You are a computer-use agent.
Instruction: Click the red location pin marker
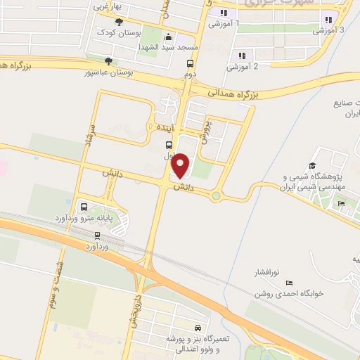[181, 165]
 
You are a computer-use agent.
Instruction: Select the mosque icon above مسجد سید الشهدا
[167, 37]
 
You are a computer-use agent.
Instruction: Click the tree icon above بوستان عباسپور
[108, 60]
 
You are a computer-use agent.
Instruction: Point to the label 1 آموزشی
[224, 23]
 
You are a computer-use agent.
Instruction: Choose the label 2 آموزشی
[242, 67]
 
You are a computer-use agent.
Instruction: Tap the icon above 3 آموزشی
[327, 20]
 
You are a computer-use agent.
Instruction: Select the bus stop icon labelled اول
[161, 145]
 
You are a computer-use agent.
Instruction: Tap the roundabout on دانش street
[217, 195]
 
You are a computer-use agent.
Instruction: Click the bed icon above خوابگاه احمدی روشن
[289, 283]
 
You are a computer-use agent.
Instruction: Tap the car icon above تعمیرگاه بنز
[198, 328]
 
